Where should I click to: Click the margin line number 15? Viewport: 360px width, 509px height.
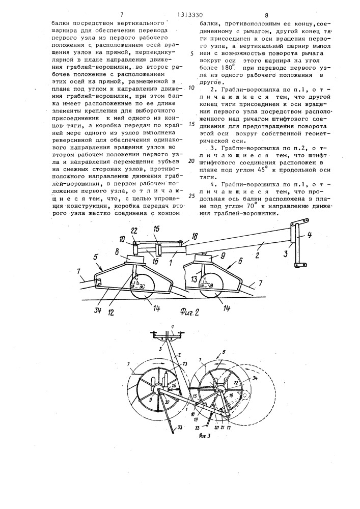click(191, 124)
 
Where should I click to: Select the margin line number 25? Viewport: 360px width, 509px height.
click(191, 195)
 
